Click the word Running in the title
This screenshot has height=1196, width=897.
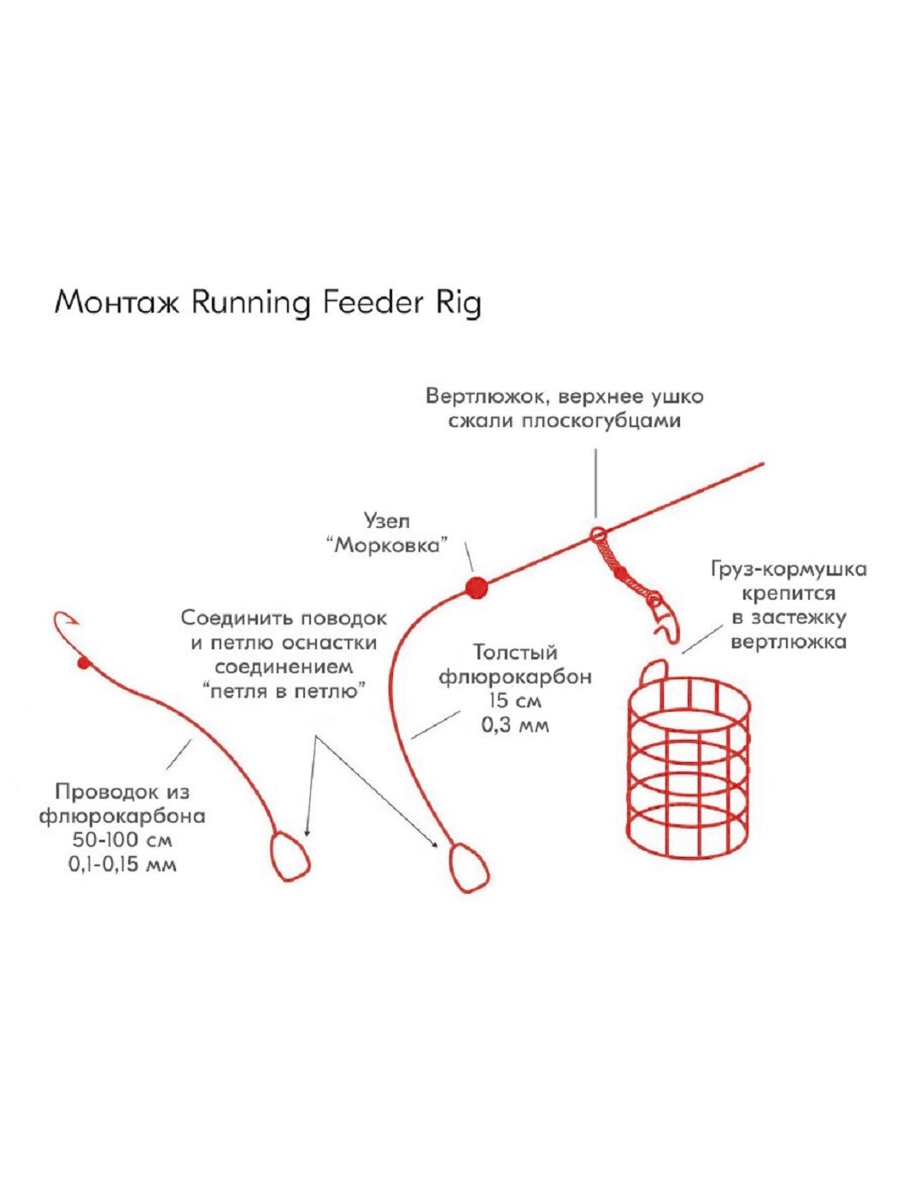pos(250,304)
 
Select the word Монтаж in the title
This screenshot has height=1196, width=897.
pos(116,304)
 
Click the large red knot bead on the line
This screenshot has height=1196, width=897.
pos(476,587)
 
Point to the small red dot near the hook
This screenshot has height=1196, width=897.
pos(83,663)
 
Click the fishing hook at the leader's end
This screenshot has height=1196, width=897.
pos(65,628)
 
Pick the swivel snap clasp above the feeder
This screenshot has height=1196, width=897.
pos(662,615)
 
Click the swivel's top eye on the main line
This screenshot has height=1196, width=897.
pos(599,536)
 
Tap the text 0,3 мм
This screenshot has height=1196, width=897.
pos(515,725)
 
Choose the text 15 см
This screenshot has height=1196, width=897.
pos(515,701)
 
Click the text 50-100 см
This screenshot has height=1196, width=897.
pos(122,840)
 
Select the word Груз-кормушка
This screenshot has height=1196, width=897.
pos(788,570)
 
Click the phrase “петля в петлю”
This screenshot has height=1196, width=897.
pos(283,690)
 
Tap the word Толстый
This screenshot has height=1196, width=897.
pos(515,654)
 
